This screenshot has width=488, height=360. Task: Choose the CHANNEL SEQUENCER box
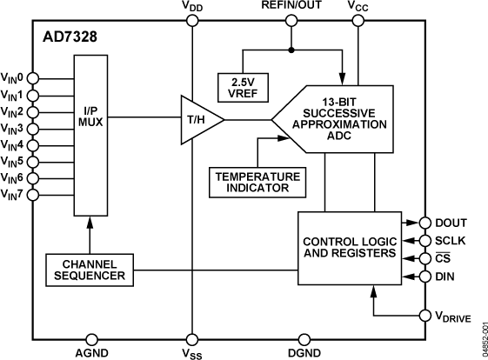tap(89, 270)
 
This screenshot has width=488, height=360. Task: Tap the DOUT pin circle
tap(424, 223)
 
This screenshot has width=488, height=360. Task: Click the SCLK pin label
tap(451, 241)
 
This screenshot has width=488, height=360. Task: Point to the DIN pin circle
tap(424, 276)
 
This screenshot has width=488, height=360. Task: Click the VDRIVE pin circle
tap(424, 315)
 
